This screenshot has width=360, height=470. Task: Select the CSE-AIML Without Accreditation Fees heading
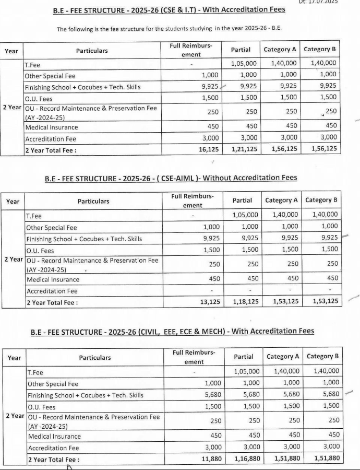pos(171,178)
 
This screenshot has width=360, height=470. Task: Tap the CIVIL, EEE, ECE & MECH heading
pos(172,331)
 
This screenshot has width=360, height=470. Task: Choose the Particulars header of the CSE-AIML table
pos(93,201)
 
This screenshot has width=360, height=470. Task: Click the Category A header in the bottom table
pos(283,357)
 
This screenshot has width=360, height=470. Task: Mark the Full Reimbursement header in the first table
pos(190,50)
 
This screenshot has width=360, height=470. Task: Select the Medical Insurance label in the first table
pos(52,127)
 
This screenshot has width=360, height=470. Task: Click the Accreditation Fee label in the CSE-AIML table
pos(52,291)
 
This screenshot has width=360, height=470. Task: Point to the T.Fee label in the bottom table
pos(35,373)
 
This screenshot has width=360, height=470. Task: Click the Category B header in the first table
pos(320,50)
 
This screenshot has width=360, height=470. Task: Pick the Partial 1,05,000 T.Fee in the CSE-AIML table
pos(245,215)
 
